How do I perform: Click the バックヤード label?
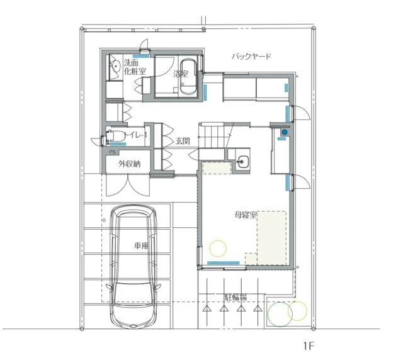[251, 56]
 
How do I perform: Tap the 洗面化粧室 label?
[135, 67]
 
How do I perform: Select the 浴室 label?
[181, 74]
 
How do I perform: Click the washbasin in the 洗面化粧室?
[116, 66]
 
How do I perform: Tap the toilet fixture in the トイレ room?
[116, 136]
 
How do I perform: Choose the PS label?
[113, 152]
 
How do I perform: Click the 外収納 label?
[129, 164]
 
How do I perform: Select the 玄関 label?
[183, 141]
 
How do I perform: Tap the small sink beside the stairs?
[242, 162]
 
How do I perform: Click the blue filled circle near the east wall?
[285, 132]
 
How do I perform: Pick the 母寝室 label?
[246, 215]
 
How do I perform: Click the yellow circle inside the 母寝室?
[218, 248]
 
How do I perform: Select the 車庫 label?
[141, 245]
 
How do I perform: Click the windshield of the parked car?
[133, 293]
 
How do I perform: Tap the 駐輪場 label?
[236, 297]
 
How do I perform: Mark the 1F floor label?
[309, 346]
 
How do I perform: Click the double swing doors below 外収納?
[128, 185]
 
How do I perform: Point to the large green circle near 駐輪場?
[280, 314]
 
